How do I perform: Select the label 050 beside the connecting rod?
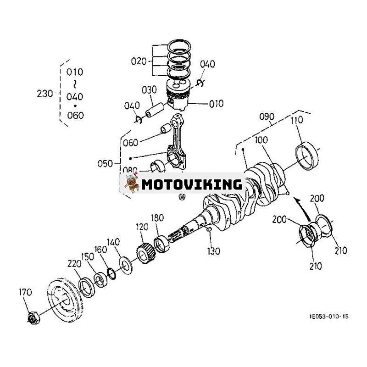point(105,163)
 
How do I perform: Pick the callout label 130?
point(213,251)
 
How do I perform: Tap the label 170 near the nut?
point(26,292)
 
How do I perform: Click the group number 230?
point(45,93)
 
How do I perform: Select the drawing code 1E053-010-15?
point(328,316)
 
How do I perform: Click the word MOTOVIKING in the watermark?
point(192,184)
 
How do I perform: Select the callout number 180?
point(157,218)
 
